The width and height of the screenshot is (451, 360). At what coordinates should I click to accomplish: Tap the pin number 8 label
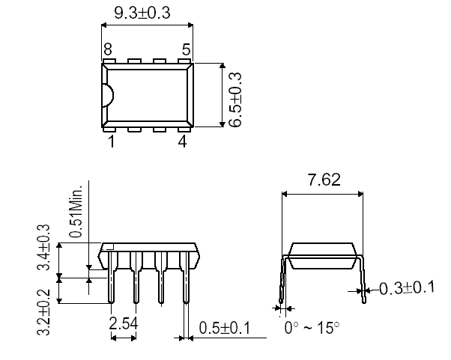pyautogui.click(x=108, y=49)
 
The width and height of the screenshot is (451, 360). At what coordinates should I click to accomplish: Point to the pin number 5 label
pyautogui.click(x=185, y=49)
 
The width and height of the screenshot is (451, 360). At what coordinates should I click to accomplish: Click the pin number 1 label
pyautogui.click(x=110, y=141)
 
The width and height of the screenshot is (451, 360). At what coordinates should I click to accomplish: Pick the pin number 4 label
pyautogui.click(x=182, y=141)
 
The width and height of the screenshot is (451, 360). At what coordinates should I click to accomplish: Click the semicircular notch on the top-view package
pyautogui.click(x=107, y=95)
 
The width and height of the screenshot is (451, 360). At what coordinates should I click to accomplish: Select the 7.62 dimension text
pyautogui.click(x=324, y=180)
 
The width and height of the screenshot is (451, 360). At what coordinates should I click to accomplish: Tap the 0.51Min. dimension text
pyautogui.click(x=76, y=211)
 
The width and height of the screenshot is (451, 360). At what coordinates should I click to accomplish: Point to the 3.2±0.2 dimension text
pyautogui.click(x=44, y=311)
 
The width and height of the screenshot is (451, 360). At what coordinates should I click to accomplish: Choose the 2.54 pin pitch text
pyautogui.click(x=123, y=325)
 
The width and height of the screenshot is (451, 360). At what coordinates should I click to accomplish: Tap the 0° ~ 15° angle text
pyautogui.click(x=312, y=328)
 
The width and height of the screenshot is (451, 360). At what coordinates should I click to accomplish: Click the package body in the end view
pyautogui.click(x=323, y=254)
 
